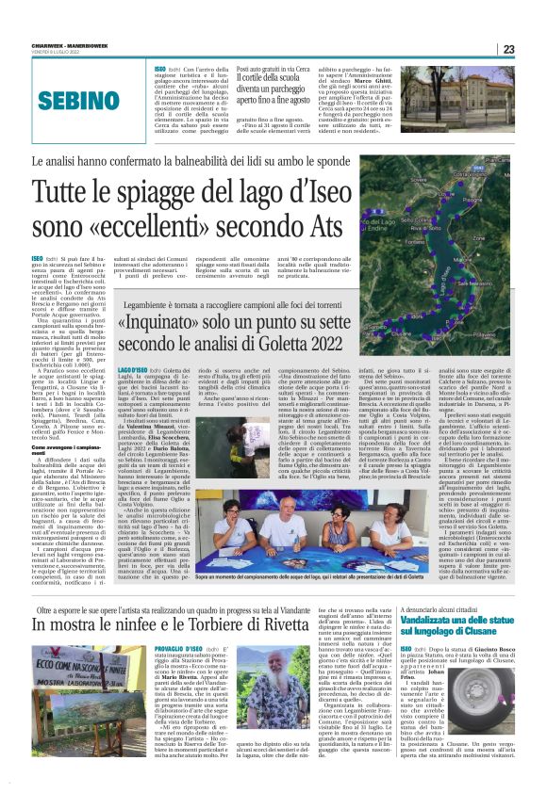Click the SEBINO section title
(69, 100)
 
